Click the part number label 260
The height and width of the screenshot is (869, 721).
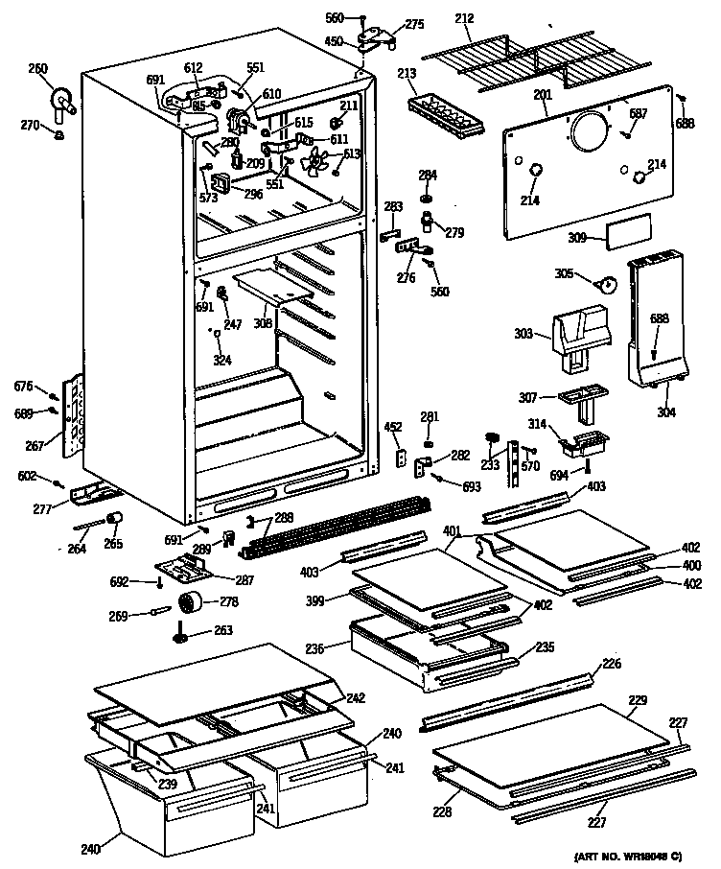[37, 68]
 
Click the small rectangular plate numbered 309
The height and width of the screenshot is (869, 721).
[628, 231]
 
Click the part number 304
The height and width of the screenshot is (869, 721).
[666, 413]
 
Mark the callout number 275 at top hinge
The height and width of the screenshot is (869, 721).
[414, 24]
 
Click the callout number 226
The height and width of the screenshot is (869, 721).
[612, 663]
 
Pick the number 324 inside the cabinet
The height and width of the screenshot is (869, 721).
[222, 360]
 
